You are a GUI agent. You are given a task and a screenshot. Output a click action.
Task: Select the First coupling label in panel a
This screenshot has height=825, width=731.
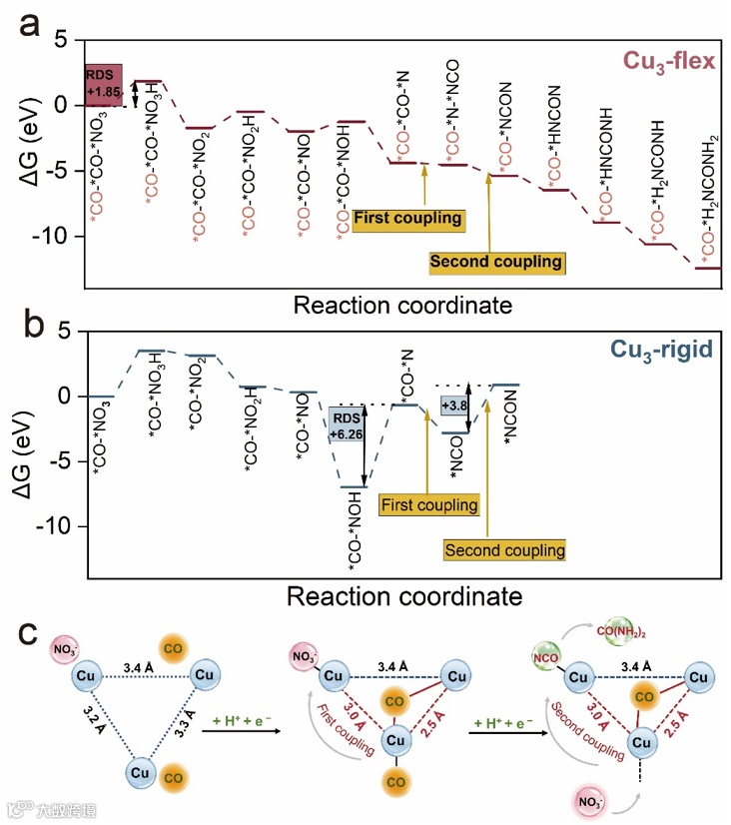pos(408,218)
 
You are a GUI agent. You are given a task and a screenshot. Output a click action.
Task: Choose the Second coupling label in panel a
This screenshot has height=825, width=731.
pos(496,262)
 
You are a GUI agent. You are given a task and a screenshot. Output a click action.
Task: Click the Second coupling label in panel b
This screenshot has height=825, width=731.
pos(505,549)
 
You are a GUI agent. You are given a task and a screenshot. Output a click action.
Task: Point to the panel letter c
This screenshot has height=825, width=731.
pos(29,633)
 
